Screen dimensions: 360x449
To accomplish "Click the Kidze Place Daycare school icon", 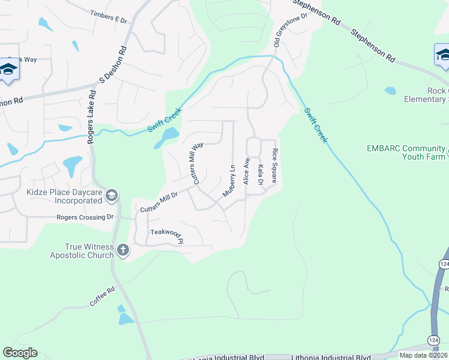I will [111, 195].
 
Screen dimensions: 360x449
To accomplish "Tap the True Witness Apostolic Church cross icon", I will [122, 250].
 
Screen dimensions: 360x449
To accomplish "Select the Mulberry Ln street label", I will [229, 181].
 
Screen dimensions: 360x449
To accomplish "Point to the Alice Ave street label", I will [246, 171].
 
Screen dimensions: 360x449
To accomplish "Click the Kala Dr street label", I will [261, 174].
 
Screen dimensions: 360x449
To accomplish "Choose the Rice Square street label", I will [274, 166].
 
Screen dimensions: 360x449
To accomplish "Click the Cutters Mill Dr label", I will [159, 202].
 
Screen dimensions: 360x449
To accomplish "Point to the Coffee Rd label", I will [102, 298].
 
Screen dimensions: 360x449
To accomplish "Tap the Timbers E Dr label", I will [109, 16].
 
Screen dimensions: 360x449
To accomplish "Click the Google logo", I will [20, 353].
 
